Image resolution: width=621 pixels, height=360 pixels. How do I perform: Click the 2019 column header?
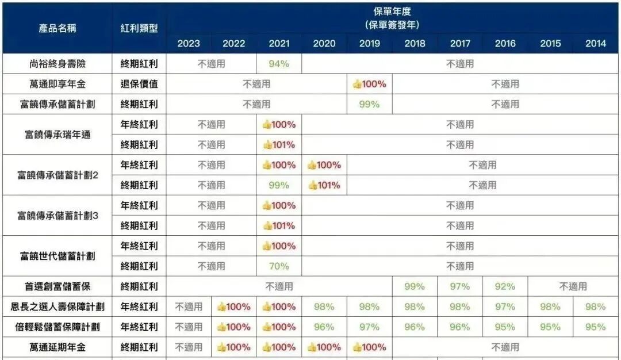point(370,44)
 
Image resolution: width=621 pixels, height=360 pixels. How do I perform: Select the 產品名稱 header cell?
point(57,28)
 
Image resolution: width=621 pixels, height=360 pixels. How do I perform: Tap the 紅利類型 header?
point(139,28)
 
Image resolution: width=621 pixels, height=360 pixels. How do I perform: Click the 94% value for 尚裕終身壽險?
point(279,64)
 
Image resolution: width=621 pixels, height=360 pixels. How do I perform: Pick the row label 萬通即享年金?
point(57,84)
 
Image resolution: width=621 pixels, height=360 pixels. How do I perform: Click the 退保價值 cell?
point(139,84)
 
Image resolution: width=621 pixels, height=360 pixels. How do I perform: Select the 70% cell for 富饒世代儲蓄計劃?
point(279,266)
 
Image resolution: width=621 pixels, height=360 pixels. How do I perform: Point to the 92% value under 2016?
point(505,286)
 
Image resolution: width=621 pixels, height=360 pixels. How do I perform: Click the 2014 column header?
point(596,44)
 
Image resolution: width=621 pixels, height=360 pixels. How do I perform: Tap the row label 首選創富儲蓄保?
point(57,286)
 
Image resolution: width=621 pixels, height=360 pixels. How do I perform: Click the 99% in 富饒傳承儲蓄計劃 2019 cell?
point(370,104)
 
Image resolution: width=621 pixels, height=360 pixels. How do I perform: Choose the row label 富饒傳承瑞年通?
point(57,135)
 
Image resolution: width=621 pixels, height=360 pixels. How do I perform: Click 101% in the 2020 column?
point(324,185)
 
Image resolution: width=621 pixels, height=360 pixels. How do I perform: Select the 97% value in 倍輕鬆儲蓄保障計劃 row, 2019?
point(370,327)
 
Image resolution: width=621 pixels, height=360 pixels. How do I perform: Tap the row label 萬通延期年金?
point(57,347)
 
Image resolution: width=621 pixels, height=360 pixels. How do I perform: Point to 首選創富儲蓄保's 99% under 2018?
point(415,286)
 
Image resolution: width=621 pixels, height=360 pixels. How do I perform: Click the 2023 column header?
point(189,44)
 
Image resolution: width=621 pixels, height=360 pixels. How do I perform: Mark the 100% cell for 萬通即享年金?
point(370,84)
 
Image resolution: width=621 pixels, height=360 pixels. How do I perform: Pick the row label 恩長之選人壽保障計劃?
point(57,307)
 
